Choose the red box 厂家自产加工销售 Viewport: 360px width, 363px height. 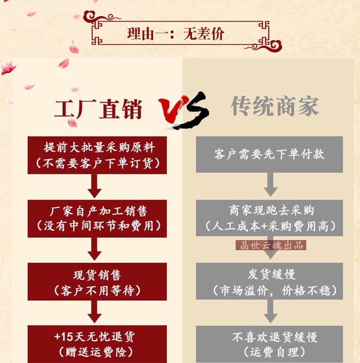tap(98, 219)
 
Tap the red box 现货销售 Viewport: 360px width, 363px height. tap(98, 282)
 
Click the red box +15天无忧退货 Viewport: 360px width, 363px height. tap(98, 344)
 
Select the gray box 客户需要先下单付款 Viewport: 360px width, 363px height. tap(269, 155)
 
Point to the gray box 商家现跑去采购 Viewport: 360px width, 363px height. tap(269, 218)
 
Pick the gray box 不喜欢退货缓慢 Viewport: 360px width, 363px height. tap(269, 344)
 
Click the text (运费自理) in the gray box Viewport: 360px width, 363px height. tap(269, 351)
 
